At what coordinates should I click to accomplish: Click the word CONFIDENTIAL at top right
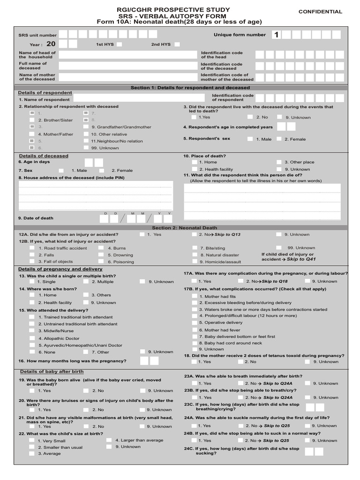click(320, 11)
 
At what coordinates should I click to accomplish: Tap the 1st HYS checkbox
click(120, 45)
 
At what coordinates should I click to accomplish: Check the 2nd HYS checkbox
click(177, 45)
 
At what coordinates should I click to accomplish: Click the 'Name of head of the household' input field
click(127, 55)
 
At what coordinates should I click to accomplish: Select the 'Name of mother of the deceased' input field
click(127, 77)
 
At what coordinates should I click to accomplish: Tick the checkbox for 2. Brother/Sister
click(32, 120)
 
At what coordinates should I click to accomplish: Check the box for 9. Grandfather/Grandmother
click(86, 127)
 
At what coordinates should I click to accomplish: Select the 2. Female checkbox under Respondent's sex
click(279, 139)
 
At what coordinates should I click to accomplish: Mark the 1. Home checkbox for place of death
click(194, 162)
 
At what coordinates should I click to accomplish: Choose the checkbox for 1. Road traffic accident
click(32, 248)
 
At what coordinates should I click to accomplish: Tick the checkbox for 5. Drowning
click(101, 255)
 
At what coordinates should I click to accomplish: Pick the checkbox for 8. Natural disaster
click(195, 255)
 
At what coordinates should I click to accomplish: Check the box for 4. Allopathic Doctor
click(32, 338)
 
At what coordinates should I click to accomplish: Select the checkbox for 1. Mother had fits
click(195, 296)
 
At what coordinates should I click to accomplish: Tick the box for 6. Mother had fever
click(195, 330)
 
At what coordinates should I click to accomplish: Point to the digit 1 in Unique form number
click(276, 35)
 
